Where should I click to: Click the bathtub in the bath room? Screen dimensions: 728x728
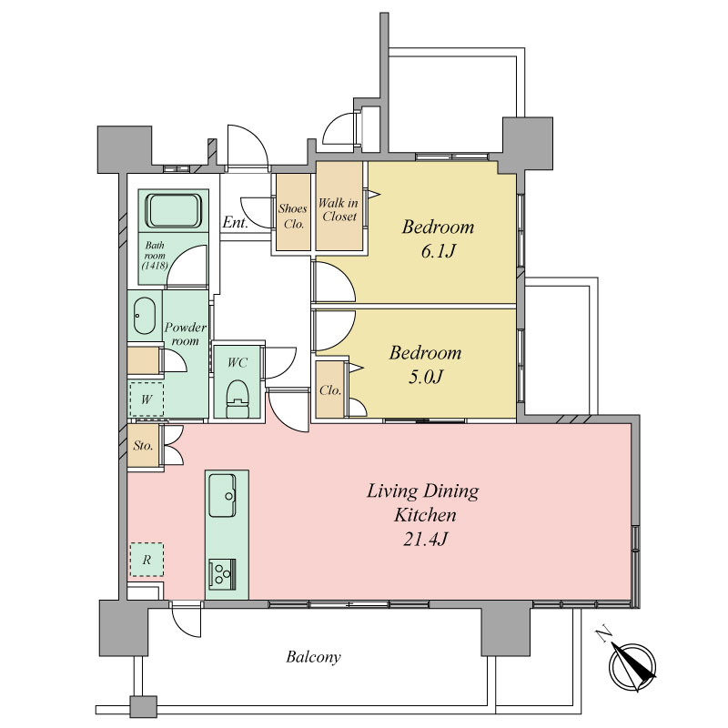(174, 211)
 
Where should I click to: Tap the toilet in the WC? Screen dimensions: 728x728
(238, 399)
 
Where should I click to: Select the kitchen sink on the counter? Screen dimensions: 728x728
(222, 495)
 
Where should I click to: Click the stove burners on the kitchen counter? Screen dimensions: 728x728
(222, 574)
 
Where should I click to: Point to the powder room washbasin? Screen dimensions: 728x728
(145, 315)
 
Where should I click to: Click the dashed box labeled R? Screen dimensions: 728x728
(147, 560)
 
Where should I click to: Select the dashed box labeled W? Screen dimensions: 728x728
(147, 399)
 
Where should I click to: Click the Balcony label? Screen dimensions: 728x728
(313, 657)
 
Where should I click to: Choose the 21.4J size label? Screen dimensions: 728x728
(425, 540)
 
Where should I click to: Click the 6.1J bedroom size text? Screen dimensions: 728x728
(438, 251)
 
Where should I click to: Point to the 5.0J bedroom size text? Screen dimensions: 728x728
(425, 377)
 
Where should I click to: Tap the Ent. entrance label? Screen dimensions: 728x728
(236, 222)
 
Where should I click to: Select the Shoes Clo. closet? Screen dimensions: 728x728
(293, 212)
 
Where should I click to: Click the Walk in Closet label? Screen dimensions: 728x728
(339, 209)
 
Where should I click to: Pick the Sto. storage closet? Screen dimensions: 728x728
(144, 445)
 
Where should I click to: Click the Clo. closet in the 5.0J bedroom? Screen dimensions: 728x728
(330, 389)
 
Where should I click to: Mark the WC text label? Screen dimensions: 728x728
(238, 362)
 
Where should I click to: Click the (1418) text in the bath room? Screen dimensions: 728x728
(155, 266)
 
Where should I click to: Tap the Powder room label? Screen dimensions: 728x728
(186, 334)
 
